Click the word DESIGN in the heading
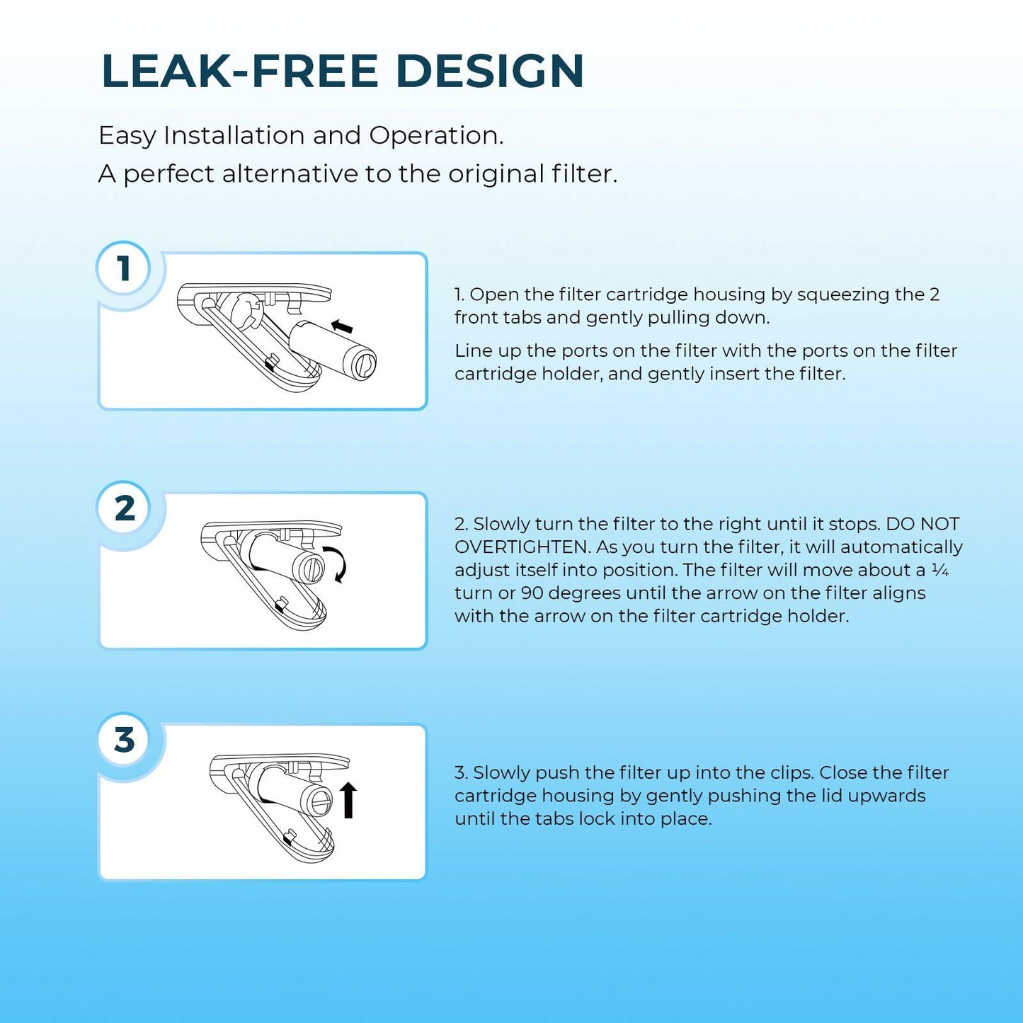(490, 71)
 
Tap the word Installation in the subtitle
(234, 135)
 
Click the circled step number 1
(124, 268)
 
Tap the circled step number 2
(124, 508)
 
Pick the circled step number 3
(124, 740)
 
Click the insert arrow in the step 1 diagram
(341, 326)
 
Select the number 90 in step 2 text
(532, 593)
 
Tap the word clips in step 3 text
(789, 773)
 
